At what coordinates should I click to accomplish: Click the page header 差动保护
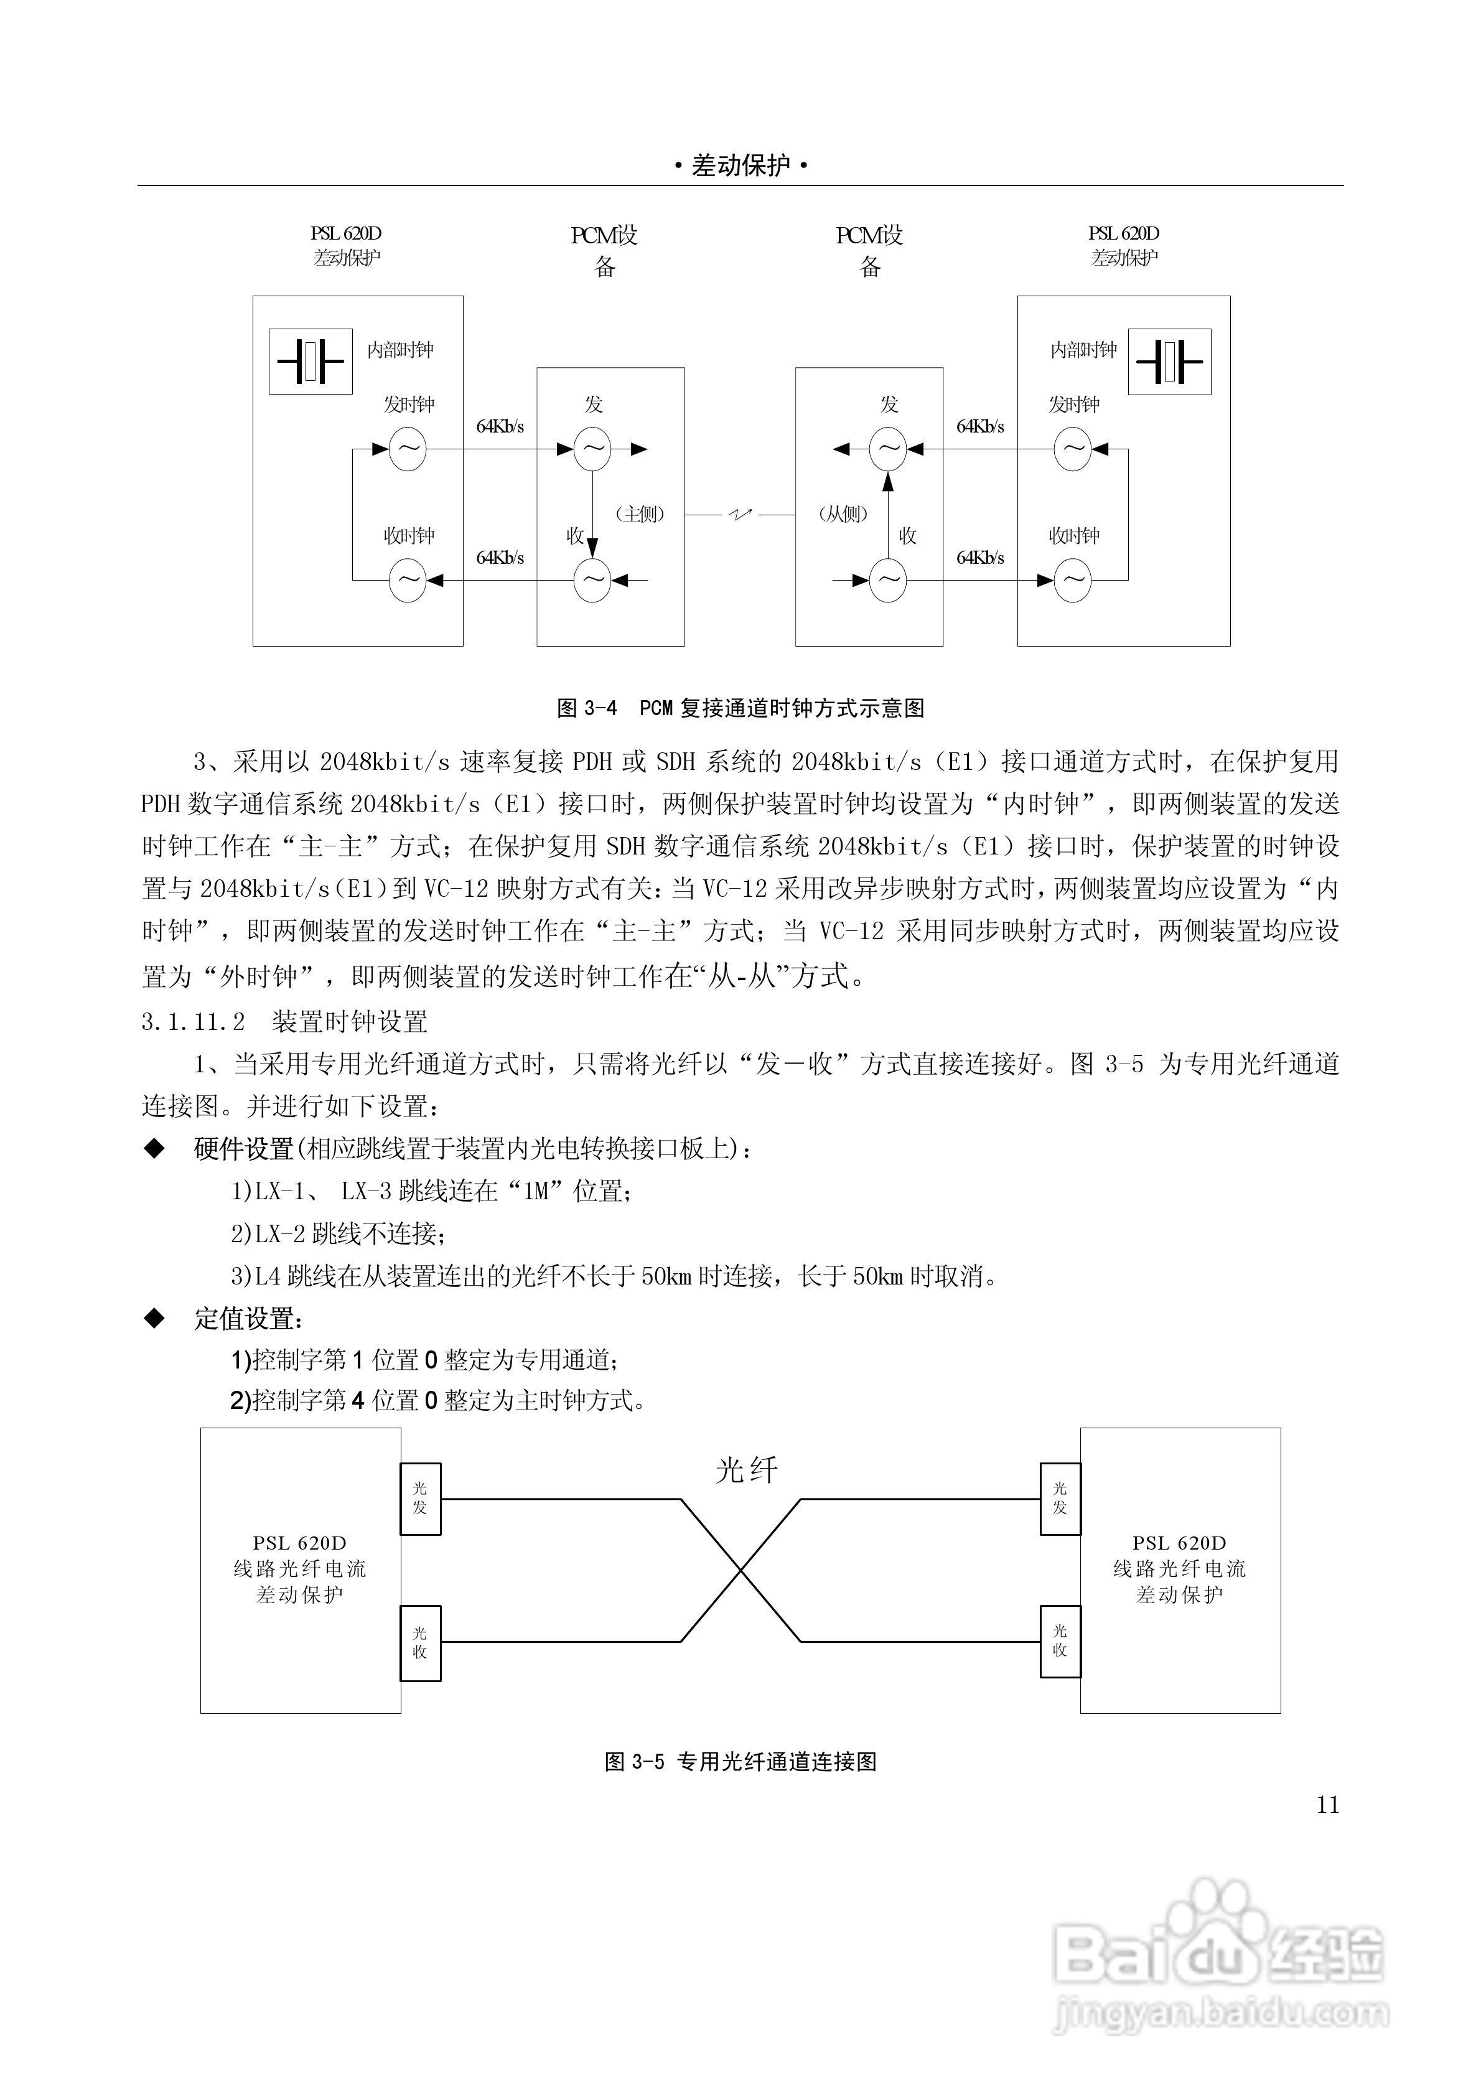[740, 166]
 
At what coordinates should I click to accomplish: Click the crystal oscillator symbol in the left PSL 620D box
[311, 362]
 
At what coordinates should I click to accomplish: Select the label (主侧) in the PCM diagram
[639, 515]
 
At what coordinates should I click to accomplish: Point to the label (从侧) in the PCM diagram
[842, 515]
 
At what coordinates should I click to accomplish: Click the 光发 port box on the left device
[420, 1498]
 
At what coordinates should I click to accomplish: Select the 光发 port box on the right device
[1060, 1498]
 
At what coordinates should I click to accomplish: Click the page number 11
[1327, 1805]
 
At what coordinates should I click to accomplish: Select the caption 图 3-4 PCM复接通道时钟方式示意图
[740, 708]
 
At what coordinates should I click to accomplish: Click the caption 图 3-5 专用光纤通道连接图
[740, 1761]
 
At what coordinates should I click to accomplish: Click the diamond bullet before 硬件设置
[155, 1148]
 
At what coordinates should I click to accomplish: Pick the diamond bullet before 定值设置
[155, 1317]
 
